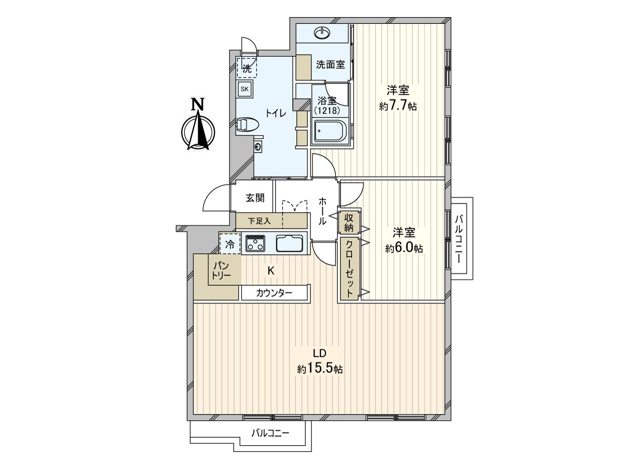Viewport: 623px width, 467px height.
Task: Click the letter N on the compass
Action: pos(197,104)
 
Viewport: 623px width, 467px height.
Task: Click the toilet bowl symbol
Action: pos(247,125)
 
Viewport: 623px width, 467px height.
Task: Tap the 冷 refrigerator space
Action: pos(230,243)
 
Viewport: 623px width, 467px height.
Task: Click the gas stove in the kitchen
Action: pos(255,243)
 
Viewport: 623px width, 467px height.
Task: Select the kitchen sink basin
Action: pos(289,243)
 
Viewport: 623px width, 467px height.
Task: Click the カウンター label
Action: pos(274,293)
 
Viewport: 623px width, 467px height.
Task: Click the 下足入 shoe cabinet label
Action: pos(259,221)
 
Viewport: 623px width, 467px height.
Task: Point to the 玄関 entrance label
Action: pos(255,198)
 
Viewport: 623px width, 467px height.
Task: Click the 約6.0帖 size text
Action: pos(403,249)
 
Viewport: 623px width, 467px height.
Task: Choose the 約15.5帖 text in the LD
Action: pos(319,369)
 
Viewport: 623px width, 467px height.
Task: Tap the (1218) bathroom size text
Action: pos(327,111)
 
